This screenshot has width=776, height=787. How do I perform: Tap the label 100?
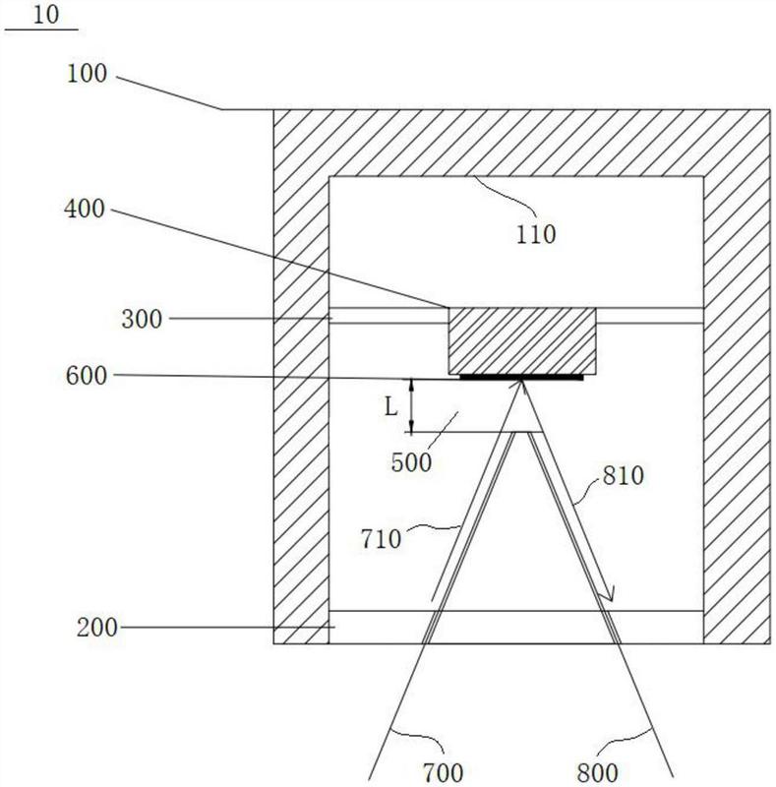click(x=90, y=75)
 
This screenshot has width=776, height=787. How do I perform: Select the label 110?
click(x=535, y=234)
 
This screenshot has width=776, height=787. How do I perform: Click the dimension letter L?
click(x=390, y=405)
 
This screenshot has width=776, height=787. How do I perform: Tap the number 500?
click(x=411, y=462)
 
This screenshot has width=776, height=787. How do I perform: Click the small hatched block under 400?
click(x=522, y=340)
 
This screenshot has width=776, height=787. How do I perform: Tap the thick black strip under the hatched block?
click(x=522, y=376)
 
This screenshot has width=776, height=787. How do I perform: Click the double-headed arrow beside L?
click(x=413, y=406)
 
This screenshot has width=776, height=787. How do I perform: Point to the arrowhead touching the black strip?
click(x=520, y=386)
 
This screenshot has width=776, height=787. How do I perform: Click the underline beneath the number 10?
click(x=41, y=30)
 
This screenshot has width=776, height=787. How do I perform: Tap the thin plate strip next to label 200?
click(x=516, y=627)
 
